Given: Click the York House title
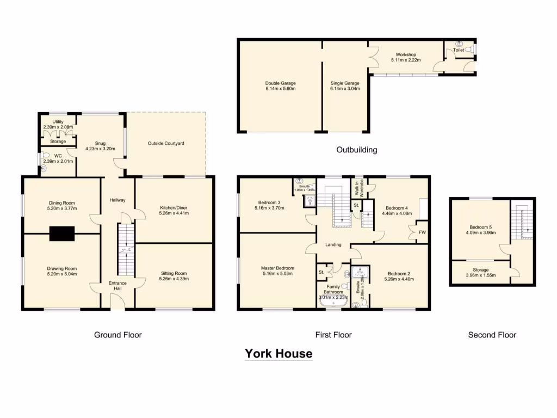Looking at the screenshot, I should point(278,354).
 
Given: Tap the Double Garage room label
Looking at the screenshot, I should point(280,83).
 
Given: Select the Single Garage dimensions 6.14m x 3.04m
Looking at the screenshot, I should point(345,90).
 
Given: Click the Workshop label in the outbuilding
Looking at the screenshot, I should point(406,54).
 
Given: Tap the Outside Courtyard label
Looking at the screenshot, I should point(166,143).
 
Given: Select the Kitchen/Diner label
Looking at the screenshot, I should point(174,207).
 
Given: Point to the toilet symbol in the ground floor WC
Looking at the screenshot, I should point(44,168).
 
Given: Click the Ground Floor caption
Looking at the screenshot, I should point(117,335).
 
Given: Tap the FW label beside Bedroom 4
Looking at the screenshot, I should point(422,232).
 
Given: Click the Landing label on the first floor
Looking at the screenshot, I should point(333,244).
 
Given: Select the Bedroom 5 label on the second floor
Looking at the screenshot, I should point(480,228).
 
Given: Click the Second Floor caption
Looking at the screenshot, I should point(492,335).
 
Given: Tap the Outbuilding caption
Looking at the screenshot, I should point(356,150).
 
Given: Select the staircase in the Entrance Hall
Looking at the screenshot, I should point(125,250).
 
